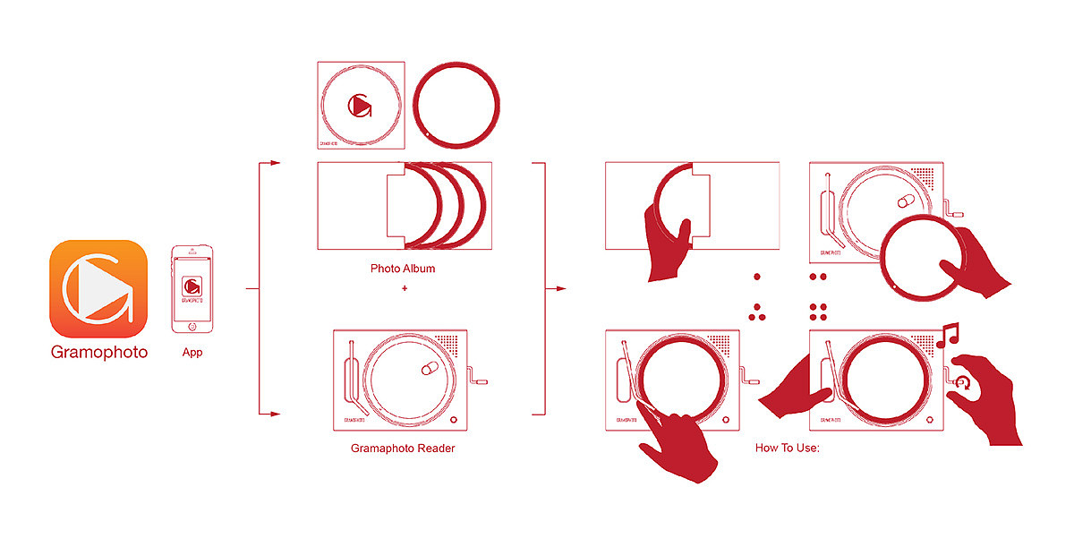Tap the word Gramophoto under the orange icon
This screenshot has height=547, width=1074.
98,352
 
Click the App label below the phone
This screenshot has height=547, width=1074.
192,352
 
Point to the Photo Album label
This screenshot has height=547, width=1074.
403,269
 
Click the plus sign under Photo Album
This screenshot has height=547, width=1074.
405,288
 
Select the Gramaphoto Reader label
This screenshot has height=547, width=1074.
403,448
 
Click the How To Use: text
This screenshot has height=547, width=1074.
788,448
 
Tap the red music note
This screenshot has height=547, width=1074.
946,337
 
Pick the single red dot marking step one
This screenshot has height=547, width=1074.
756,277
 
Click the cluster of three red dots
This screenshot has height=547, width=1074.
756,312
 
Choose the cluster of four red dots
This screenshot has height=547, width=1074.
817,312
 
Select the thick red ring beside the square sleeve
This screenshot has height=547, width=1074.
456,105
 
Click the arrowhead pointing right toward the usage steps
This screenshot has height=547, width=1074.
561,289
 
